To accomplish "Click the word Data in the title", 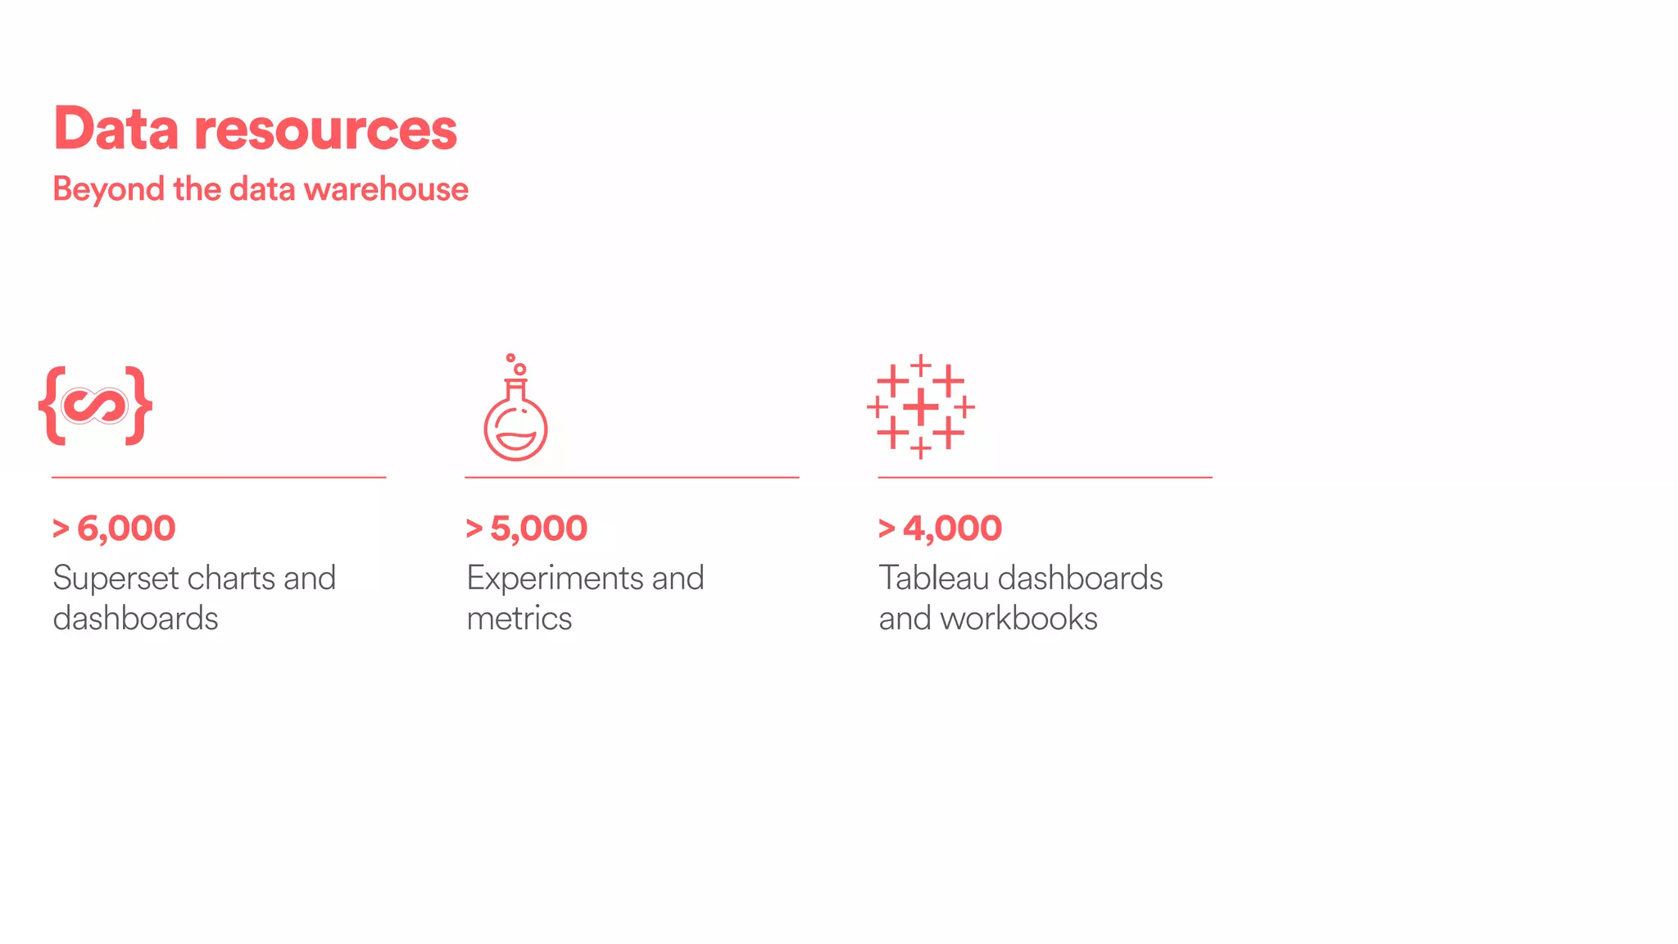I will (x=116, y=129).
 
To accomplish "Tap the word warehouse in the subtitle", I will (x=386, y=189).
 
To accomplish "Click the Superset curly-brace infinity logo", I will (x=95, y=406).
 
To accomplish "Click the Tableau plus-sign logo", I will (x=921, y=406).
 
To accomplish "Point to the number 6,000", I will (x=126, y=529).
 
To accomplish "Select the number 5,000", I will (x=538, y=529).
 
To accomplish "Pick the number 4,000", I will (x=952, y=529).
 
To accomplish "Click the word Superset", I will (x=116, y=579).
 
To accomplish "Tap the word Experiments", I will (x=555, y=579).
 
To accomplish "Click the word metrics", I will (x=519, y=619).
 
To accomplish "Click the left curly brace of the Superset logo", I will (x=52, y=406).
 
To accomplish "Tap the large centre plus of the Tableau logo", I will (x=921, y=406).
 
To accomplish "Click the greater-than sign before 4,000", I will (x=887, y=529).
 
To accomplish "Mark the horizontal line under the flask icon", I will (x=632, y=477).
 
